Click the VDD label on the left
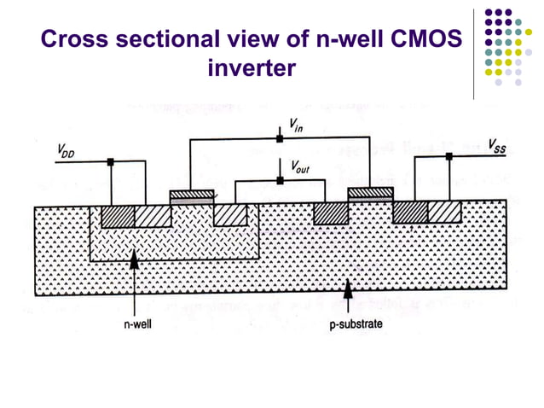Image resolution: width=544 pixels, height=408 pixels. [x=64, y=151]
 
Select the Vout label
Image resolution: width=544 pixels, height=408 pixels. [x=299, y=167]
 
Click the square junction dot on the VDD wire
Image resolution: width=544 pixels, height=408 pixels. [x=111, y=161]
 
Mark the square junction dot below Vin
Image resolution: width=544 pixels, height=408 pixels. [x=279, y=138]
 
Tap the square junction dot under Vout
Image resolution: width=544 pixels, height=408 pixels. [x=279, y=179]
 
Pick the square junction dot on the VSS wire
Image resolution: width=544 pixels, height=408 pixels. [x=449, y=156]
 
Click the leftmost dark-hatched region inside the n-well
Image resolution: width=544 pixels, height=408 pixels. [x=118, y=216]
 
